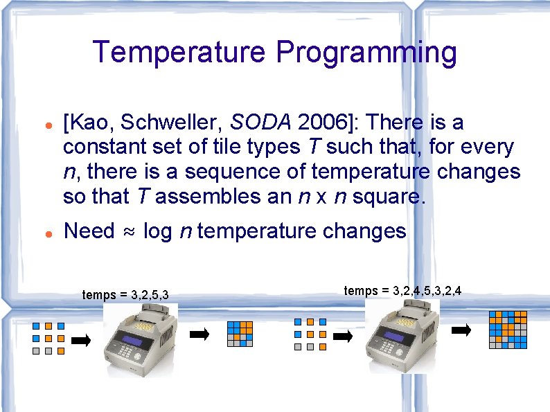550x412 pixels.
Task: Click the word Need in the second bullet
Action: pos(89,231)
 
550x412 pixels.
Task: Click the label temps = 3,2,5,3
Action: pos(125,296)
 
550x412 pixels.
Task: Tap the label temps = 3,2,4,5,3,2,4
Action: pos(402,291)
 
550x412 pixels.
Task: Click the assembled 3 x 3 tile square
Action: pos(240,334)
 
